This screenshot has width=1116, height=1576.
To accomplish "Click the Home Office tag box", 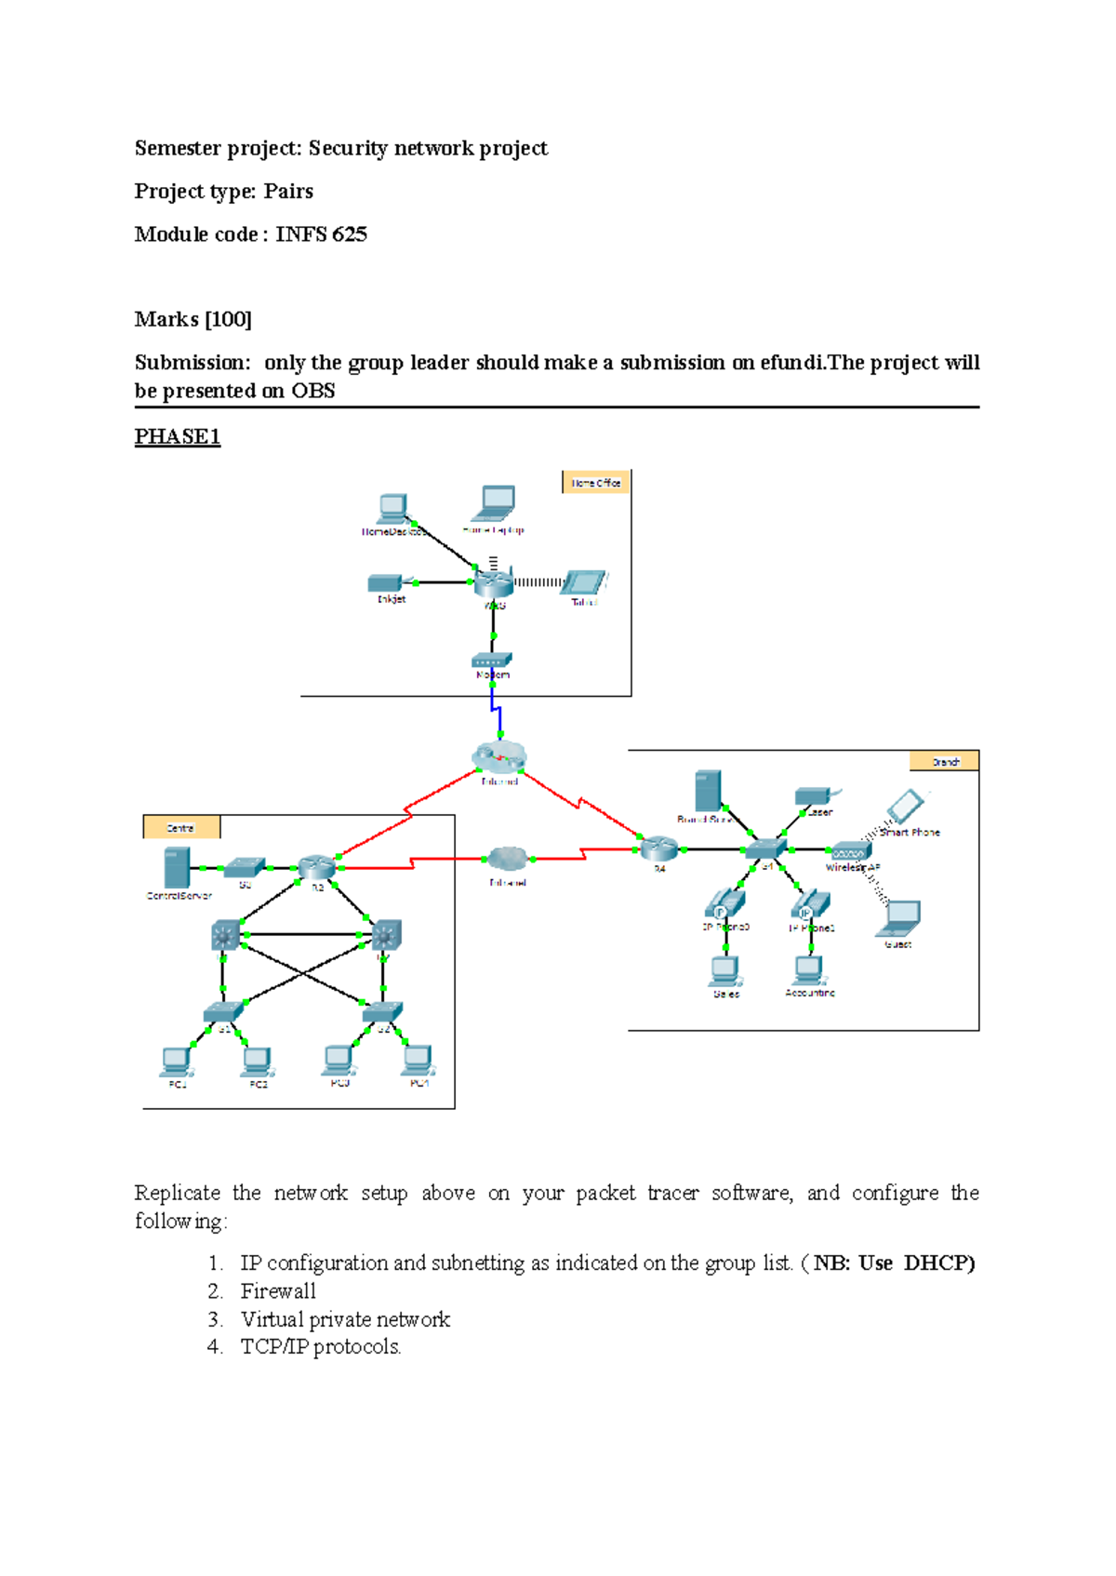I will pos(596,482).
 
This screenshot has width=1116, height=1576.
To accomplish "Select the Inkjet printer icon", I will pos(384,583).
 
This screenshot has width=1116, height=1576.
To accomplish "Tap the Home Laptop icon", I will pos(495,503).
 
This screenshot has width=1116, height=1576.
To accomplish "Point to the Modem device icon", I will pos(492,661).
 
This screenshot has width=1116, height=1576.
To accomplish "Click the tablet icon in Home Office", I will pos(583,582).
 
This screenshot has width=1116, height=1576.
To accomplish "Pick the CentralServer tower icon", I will pos(177,868).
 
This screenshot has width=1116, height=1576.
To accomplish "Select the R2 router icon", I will pos(316,868).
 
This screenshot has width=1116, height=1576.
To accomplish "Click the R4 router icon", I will pos(658,848).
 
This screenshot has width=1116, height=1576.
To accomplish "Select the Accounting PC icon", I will pos(808,970).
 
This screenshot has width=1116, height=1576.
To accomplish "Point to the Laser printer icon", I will pos(813,795).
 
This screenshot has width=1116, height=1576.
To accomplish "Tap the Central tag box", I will pos(181,827).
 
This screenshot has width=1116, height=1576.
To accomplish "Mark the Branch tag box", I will pos(944,762).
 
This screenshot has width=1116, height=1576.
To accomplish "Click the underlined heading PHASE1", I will pos(178,436).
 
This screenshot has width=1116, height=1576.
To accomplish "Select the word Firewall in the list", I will pos(278,1291).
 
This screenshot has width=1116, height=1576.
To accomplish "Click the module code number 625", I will pos(349,234).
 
